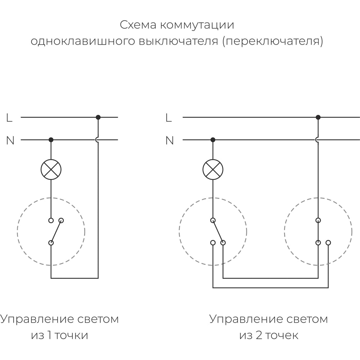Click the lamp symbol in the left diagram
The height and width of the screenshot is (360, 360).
coord(51,169)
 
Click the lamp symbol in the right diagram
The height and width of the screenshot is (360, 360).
coord(213,169)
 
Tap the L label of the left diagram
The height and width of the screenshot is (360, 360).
coord(9,118)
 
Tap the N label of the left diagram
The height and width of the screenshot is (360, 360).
coord(10,140)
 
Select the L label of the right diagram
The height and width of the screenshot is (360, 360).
coord(168,118)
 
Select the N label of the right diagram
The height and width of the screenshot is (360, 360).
coord(169,140)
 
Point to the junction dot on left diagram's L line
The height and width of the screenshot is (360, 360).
coord(98,117)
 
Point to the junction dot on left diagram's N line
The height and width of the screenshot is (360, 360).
coord(51,140)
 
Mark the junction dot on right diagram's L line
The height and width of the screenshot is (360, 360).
coord(318,117)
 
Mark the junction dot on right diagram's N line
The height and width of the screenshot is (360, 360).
coord(213,140)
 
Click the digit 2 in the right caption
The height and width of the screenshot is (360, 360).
coord(258,336)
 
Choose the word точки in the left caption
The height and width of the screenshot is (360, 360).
coord(72,336)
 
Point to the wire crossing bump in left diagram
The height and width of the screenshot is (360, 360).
coord(98,140)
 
